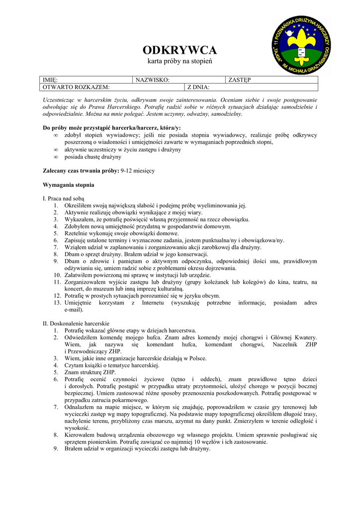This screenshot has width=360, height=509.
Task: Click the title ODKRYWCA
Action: [180, 50]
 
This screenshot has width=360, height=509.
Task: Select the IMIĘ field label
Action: [50, 80]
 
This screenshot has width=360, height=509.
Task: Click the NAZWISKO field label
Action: [152, 80]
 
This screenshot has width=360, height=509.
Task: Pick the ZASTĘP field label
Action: [240, 80]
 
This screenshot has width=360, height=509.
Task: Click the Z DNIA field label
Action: [198, 87]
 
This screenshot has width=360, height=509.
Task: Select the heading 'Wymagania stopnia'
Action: [69, 185]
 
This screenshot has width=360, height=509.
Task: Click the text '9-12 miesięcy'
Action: [138, 171]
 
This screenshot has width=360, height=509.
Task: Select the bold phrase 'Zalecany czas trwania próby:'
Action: [81, 171]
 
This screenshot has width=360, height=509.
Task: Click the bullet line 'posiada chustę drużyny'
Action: [92, 157]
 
